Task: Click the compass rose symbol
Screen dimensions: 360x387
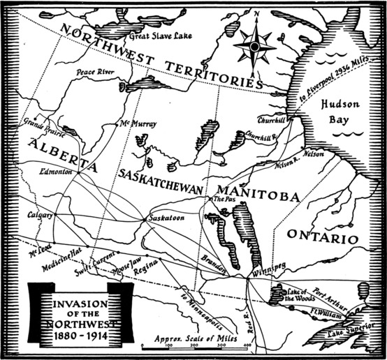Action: point(254,46)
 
